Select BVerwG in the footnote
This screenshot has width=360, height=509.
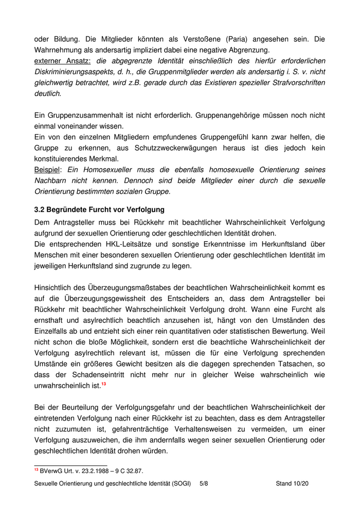(50, 470)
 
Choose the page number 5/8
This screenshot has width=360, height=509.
(204, 484)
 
